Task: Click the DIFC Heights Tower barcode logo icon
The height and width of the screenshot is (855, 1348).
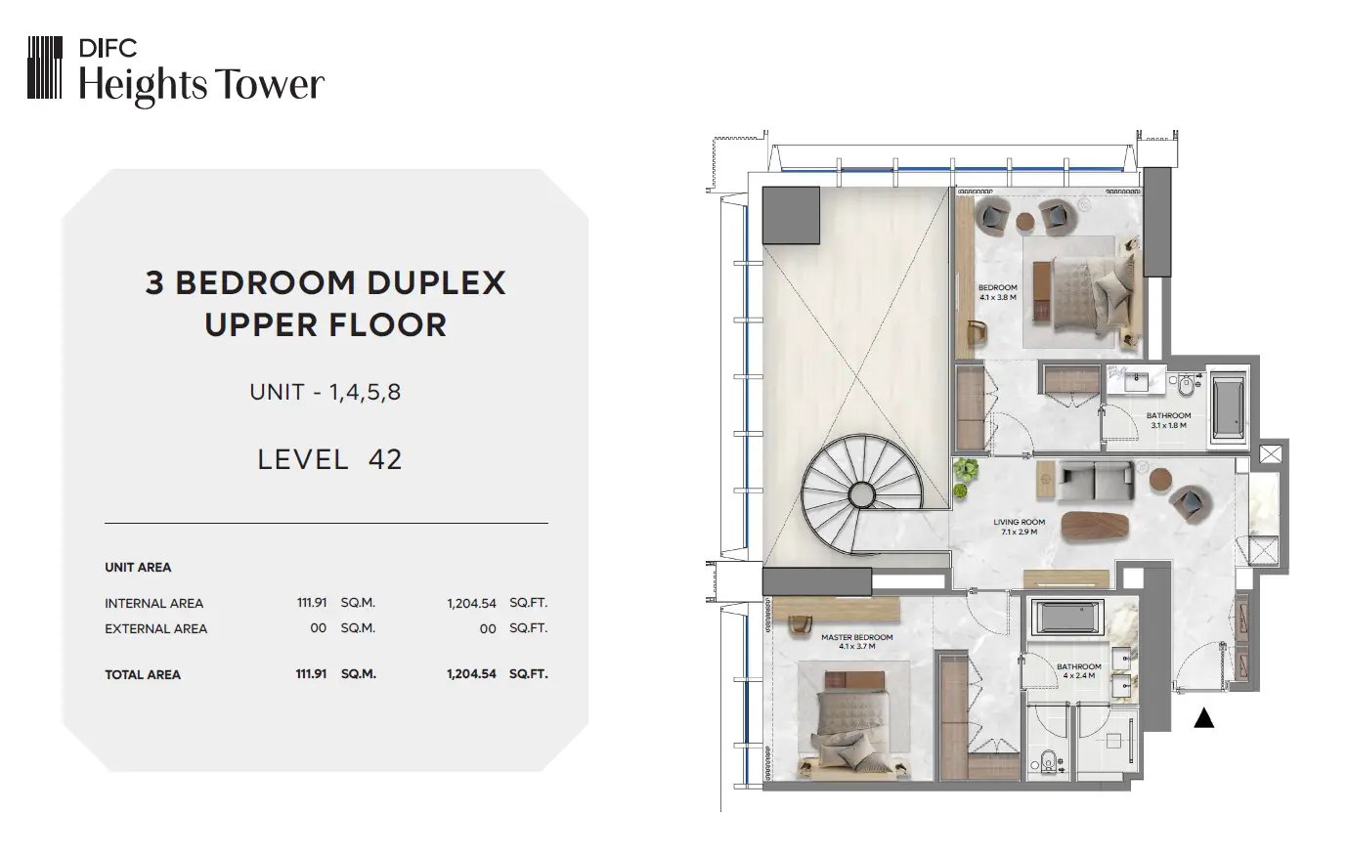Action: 45,67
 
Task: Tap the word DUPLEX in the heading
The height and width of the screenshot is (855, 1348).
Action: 436,282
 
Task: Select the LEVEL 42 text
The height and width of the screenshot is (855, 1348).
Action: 329,459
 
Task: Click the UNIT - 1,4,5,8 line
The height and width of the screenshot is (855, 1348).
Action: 325,392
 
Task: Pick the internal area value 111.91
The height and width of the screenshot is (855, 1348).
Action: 312,602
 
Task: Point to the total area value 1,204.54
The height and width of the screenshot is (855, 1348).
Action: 471,674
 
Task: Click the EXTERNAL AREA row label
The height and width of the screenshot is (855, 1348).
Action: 155,628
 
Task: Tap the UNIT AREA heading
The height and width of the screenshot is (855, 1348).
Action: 138,568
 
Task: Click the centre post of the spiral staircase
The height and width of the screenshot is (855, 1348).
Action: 862,495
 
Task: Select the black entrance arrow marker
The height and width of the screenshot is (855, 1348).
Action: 1203,718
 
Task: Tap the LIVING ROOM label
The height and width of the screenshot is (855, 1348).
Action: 1020,527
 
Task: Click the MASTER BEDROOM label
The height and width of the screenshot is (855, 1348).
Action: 857,641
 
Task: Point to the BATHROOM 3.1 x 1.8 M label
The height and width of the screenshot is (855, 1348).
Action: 1169,420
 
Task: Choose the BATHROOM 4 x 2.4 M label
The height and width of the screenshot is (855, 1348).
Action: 1079,671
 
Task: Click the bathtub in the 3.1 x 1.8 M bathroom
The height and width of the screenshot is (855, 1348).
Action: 1228,407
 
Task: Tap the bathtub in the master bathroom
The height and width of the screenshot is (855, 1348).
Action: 1067,617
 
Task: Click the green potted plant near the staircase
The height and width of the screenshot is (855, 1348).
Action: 964,477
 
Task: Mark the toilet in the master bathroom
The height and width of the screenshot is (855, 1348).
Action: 1047,761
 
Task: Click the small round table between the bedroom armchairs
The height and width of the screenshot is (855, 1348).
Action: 1024,222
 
